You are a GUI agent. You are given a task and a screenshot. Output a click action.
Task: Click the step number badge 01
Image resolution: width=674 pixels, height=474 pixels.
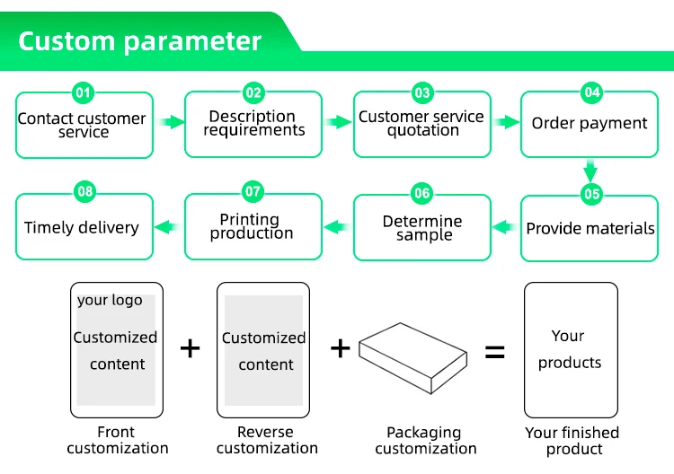pos(84,92)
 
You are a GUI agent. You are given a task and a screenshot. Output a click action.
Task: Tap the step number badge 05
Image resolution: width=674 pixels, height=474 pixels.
pos(590,194)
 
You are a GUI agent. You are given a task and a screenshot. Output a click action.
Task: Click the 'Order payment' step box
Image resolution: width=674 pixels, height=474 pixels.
pos(590,125)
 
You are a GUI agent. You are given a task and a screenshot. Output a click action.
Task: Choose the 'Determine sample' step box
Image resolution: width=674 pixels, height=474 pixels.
pos(422,228)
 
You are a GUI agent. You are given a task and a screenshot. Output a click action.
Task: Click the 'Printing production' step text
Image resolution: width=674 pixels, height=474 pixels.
pos(252,226)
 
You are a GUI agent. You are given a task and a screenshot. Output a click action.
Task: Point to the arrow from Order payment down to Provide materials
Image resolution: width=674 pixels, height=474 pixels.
pos(590,170)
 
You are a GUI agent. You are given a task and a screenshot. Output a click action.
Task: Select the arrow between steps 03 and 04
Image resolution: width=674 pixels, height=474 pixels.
pos(506,122)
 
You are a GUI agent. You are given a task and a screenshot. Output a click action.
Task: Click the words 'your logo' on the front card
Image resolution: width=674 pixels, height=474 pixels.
pos(110,301)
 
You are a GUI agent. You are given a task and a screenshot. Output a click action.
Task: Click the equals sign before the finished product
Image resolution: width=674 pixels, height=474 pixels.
pos(495,351)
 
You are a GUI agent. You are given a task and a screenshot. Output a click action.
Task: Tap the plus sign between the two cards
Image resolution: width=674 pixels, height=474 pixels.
pos(190,348)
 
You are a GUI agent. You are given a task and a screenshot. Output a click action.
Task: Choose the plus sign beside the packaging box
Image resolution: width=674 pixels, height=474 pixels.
pos(340,348)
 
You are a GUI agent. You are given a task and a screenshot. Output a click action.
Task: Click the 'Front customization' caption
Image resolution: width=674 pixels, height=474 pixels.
pos(117,440)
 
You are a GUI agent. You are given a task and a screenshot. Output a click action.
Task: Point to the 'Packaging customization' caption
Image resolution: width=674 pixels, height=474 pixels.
pos(424,441)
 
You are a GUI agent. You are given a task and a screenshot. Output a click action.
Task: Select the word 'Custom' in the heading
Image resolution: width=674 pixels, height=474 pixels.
pos(65,41)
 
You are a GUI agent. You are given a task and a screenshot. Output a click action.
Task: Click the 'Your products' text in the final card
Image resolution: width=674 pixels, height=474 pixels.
pos(570,349)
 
